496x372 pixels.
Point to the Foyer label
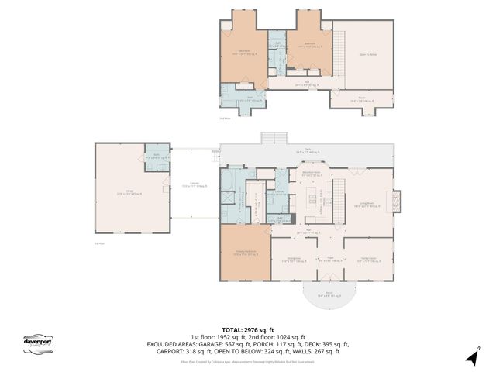329,260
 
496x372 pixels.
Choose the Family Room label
367,260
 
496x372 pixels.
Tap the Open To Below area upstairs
368,54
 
